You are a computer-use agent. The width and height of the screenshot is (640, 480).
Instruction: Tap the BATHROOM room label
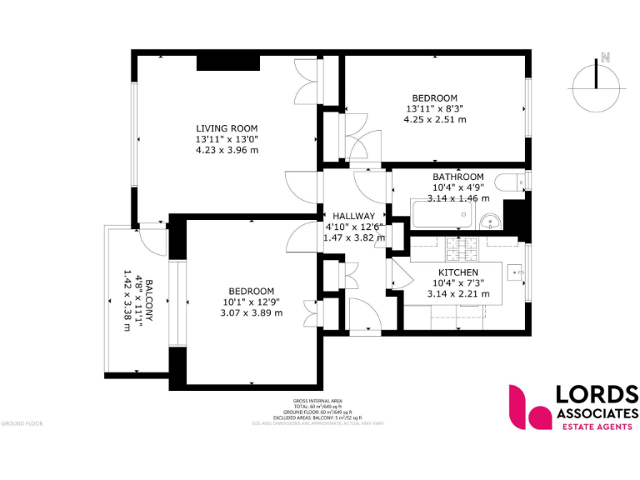click(457, 177)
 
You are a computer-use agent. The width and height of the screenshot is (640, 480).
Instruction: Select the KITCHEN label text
click(457, 272)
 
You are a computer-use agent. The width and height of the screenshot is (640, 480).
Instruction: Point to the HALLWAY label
click(354, 217)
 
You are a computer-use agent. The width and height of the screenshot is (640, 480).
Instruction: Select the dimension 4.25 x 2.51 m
click(434, 119)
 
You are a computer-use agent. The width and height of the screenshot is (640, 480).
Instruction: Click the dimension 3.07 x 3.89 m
click(252, 312)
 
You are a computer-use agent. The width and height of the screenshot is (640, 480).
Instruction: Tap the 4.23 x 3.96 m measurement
click(227, 150)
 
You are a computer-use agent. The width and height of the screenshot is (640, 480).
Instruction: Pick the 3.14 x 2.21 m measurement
click(457, 294)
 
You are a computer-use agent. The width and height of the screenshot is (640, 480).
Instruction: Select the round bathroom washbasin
click(491, 220)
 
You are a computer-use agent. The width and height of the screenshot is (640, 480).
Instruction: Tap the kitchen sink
click(512, 271)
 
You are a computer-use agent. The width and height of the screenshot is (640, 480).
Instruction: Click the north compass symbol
click(597, 77)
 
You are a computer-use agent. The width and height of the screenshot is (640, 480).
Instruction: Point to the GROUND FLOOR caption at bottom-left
click(22, 423)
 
